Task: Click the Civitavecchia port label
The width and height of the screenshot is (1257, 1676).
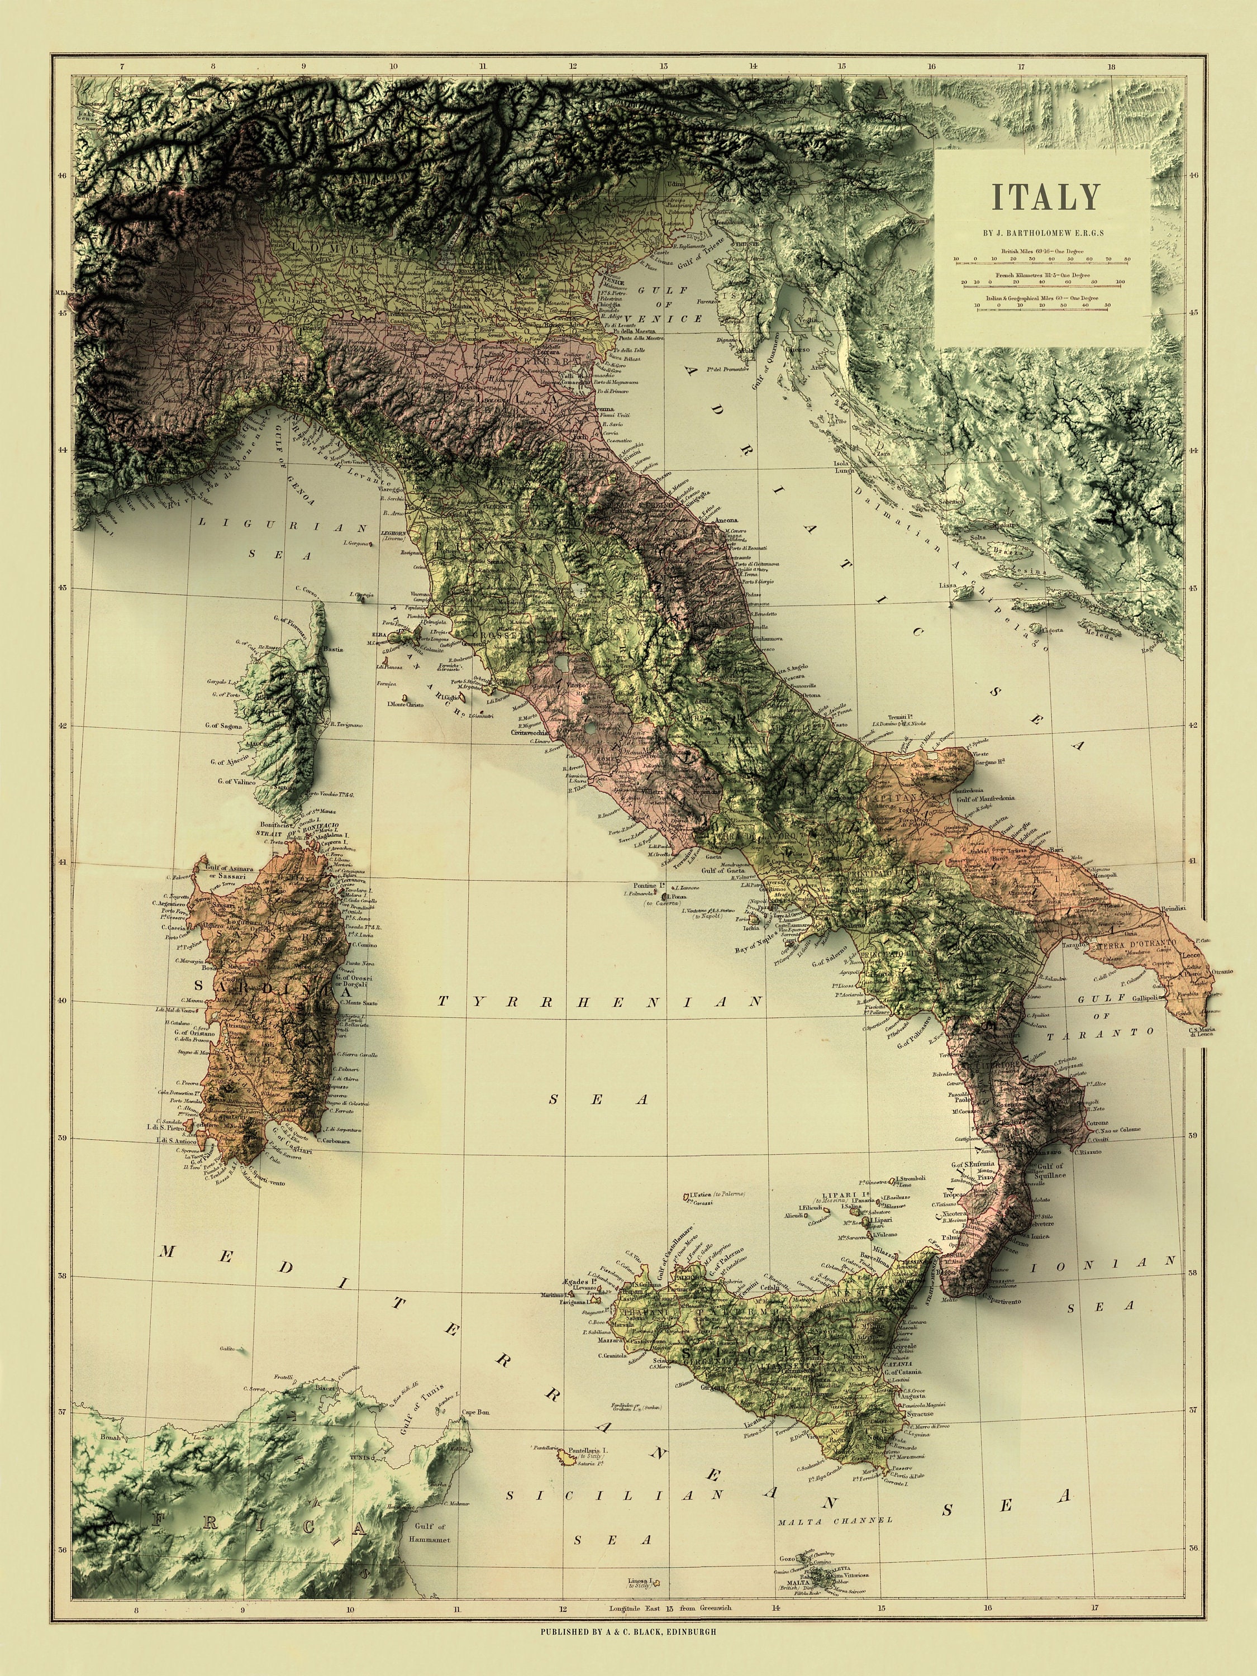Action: [x=530, y=734]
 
